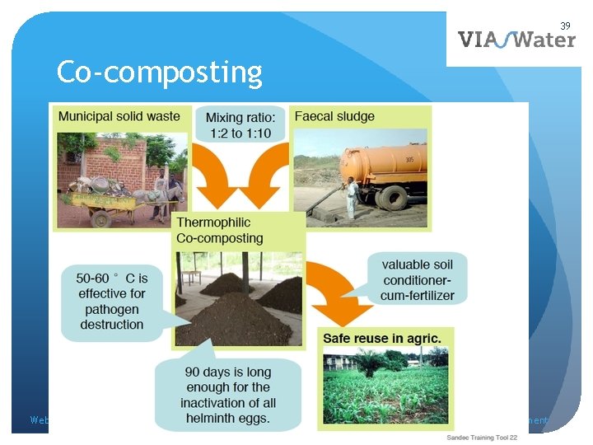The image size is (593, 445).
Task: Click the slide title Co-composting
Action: [x=159, y=73]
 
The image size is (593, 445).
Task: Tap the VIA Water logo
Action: [x=516, y=39]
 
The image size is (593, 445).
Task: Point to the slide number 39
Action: [x=566, y=26]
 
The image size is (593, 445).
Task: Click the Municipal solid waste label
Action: [x=119, y=116]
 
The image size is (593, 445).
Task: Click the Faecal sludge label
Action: [x=334, y=116]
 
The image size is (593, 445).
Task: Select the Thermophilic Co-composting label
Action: [x=220, y=231]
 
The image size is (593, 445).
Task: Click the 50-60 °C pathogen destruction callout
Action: [x=112, y=301]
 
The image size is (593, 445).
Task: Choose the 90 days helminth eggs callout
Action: [x=227, y=395]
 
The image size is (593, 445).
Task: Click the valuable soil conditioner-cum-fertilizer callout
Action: [x=417, y=279]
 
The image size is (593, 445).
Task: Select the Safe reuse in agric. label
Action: [x=381, y=338]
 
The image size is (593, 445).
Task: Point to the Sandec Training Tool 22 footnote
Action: [x=482, y=437]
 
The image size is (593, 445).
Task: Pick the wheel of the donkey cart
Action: [x=101, y=218]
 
